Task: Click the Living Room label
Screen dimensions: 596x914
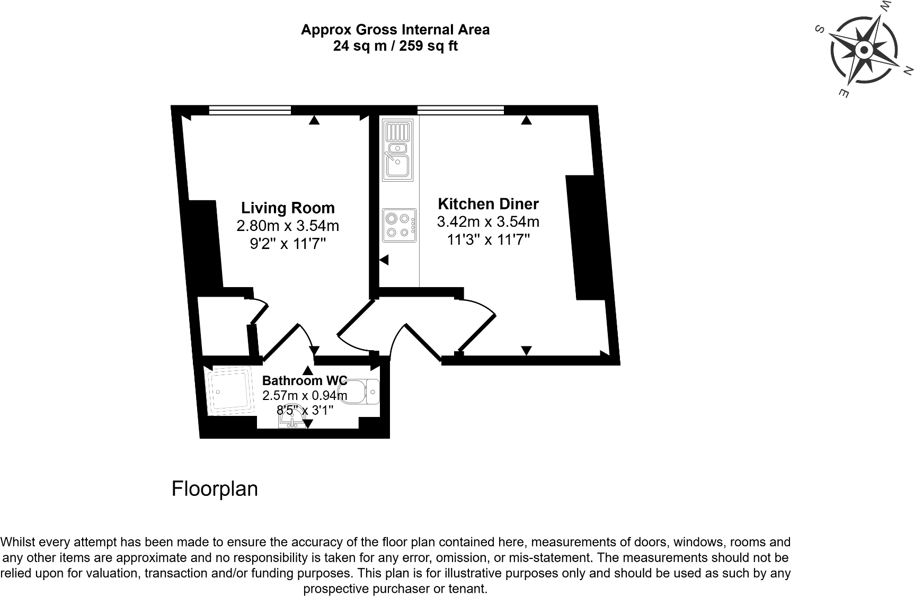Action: pyautogui.click(x=288, y=208)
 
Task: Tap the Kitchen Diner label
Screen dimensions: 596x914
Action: pyautogui.click(x=488, y=204)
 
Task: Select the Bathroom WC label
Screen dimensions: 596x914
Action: pyautogui.click(x=305, y=380)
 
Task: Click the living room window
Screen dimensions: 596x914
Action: pyautogui.click(x=250, y=110)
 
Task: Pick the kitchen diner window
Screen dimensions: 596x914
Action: pyautogui.click(x=460, y=110)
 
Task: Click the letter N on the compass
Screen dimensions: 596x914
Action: pyautogui.click(x=907, y=70)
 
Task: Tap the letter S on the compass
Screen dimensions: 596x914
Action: pyautogui.click(x=819, y=30)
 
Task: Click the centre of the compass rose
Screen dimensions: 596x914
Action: pyautogui.click(x=864, y=51)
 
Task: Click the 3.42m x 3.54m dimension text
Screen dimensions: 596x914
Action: pyautogui.click(x=488, y=221)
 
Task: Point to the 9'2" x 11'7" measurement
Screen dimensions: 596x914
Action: pyautogui.click(x=288, y=244)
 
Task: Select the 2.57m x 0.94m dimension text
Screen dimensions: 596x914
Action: pyautogui.click(x=305, y=395)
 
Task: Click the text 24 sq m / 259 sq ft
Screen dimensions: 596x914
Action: pyautogui.click(x=395, y=46)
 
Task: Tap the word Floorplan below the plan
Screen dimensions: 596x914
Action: pyautogui.click(x=215, y=488)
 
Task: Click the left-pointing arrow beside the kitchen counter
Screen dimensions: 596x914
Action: pyautogui.click(x=384, y=260)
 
